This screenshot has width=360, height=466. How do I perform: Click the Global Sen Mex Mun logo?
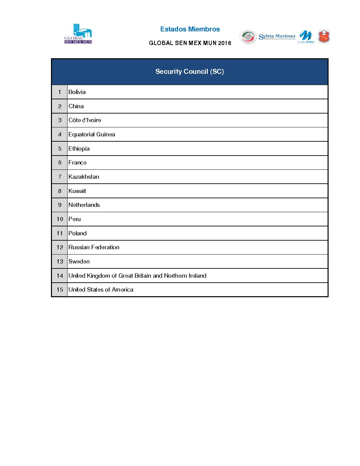tap(78, 34)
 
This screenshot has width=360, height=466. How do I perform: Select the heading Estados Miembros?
tap(190, 29)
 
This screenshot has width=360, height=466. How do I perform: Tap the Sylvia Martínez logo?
tap(277, 36)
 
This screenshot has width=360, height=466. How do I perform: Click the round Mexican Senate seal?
tap(248, 36)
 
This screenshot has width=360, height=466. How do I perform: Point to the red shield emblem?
tap(324, 36)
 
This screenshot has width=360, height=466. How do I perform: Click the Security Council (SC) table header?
tap(190, 71)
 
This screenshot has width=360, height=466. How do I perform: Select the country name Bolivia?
tap(77, 92)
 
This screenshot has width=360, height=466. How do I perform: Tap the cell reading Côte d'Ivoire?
tap(85, 120)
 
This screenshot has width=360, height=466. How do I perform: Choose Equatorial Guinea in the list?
tap(92, 134)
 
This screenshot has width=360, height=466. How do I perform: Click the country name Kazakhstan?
tap(84, 177)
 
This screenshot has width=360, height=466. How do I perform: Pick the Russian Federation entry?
tap(94, 247)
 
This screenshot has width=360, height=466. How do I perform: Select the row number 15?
tap(60, 290)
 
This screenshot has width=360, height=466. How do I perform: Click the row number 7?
tap(60, 177)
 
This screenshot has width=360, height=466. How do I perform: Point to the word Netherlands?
tap(84, 205)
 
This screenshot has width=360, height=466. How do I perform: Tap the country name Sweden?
tap(79, 261)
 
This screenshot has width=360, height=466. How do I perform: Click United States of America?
tap(101, 290)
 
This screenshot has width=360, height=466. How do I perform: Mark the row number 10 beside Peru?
tap(60, 219)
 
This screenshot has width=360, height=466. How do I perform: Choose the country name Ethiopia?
tap(79, 149)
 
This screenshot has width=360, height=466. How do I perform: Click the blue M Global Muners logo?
tap(306, 36)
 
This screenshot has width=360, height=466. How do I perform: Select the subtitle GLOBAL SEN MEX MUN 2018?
tap(190, 43)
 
